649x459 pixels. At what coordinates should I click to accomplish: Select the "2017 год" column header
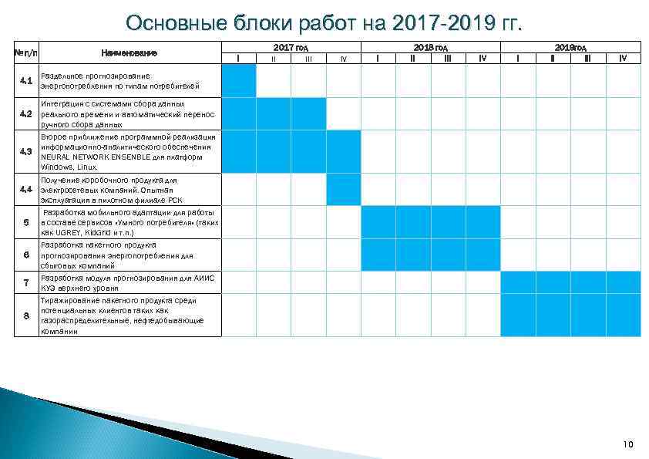[x=291, y=47]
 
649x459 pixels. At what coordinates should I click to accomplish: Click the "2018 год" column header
[x=430, y=47]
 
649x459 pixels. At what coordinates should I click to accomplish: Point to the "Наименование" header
[x=129, y=52]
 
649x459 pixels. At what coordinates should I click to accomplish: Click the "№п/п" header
[x=26, y=52]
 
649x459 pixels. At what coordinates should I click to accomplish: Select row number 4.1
[x=26, y=80]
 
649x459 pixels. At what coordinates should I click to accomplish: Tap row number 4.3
[x=26, y=151]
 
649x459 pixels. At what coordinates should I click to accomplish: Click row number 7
[x=26, y=282]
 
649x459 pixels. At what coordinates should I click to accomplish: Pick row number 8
[x=26, y=316]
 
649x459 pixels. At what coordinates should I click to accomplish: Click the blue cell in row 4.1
[x=239, y=80]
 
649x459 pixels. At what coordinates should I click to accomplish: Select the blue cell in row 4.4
[x=343, y=190]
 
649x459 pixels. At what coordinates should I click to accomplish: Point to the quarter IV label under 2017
[x=343, y=59]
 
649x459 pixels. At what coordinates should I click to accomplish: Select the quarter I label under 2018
[x=378, y=58]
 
